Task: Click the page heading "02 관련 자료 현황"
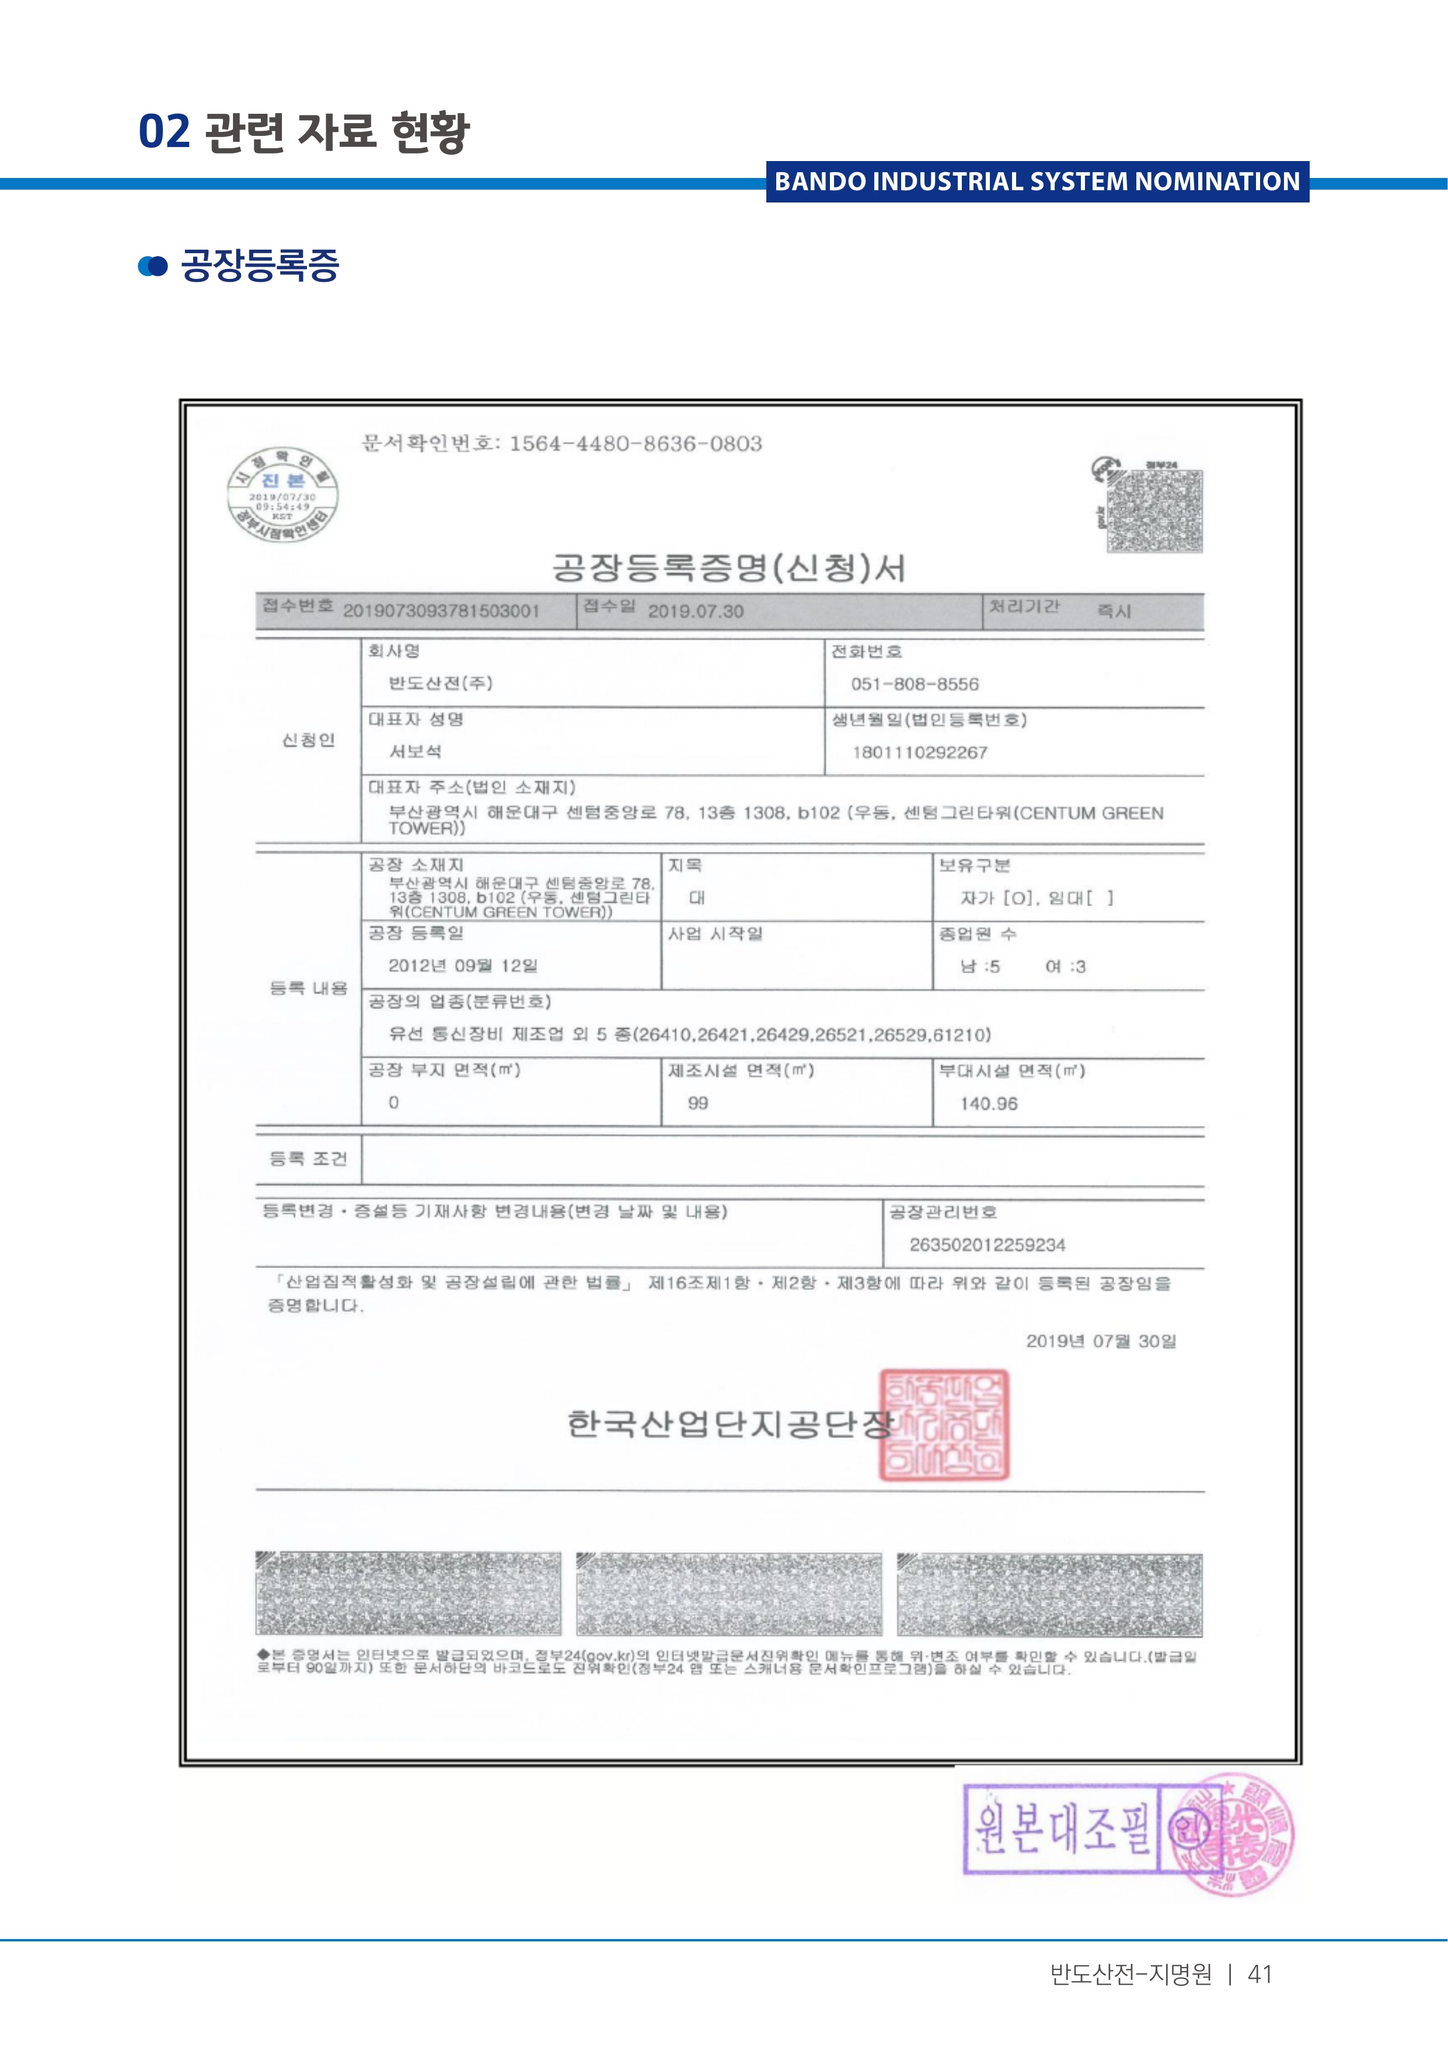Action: (303, 132)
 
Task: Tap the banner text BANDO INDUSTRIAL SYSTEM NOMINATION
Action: (1037, 182)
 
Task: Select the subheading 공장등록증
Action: (260, 266)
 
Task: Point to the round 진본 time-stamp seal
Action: (282, 495)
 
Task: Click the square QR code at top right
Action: (1154, 511)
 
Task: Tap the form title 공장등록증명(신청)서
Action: (728, 568)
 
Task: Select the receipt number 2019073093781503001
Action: (441, 612)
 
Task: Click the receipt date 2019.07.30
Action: (696, 612)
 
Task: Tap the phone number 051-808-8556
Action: (914, 684)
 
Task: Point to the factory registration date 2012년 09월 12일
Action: (463, 966)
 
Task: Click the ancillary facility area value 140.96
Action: (988, 1104)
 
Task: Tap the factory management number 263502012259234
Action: (987, 1245)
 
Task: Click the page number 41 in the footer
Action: (1259, 1975)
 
